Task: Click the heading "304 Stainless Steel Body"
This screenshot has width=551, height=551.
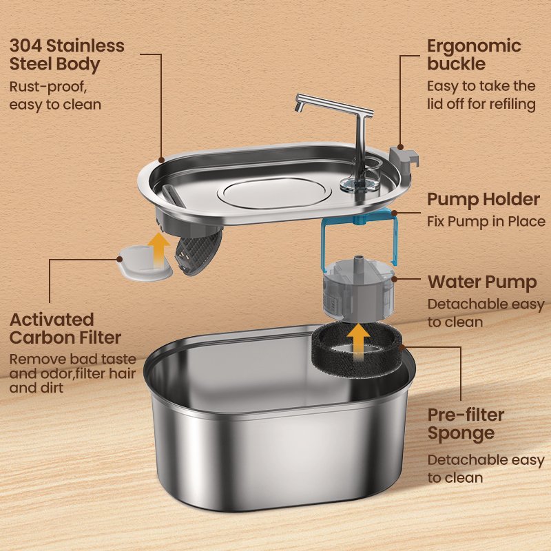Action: pyautogui.click(x=67, y=55)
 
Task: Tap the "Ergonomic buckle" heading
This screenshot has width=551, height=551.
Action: pyautogui.click(x=474, y=55)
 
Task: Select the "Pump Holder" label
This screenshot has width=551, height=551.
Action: pyautogui.click(x=484, y=200)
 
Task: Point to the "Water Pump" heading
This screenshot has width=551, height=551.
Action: pyautogui.click(x=482, y=282)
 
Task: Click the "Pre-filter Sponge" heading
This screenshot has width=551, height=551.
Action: pyautogui.click(x=466, y=424)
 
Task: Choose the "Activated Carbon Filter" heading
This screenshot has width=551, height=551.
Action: pyautogui.click(x=65, y=329)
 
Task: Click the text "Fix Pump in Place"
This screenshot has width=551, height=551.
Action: pyautogui.click(x=486, y=221)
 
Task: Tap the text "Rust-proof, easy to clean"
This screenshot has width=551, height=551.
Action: pyautogui.click(x=55, y=96)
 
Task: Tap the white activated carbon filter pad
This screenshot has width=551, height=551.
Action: pyautogui.click(x=144, y=264)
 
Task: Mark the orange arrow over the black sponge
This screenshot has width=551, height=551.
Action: pyautogui.click(x=357, y=342)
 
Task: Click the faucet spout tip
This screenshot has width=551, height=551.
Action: pyautogui.click(x=298, y=107)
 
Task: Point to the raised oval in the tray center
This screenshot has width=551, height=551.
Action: pyautogui.click(x=274, y=193)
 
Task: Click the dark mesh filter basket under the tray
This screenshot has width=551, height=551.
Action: pyautogui.click(x=198, y=252)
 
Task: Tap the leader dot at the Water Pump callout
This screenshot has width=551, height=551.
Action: pyautogui.click(x=394, y=280)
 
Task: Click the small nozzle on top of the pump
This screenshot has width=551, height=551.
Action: pyautogui.click(x=357, y=261)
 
